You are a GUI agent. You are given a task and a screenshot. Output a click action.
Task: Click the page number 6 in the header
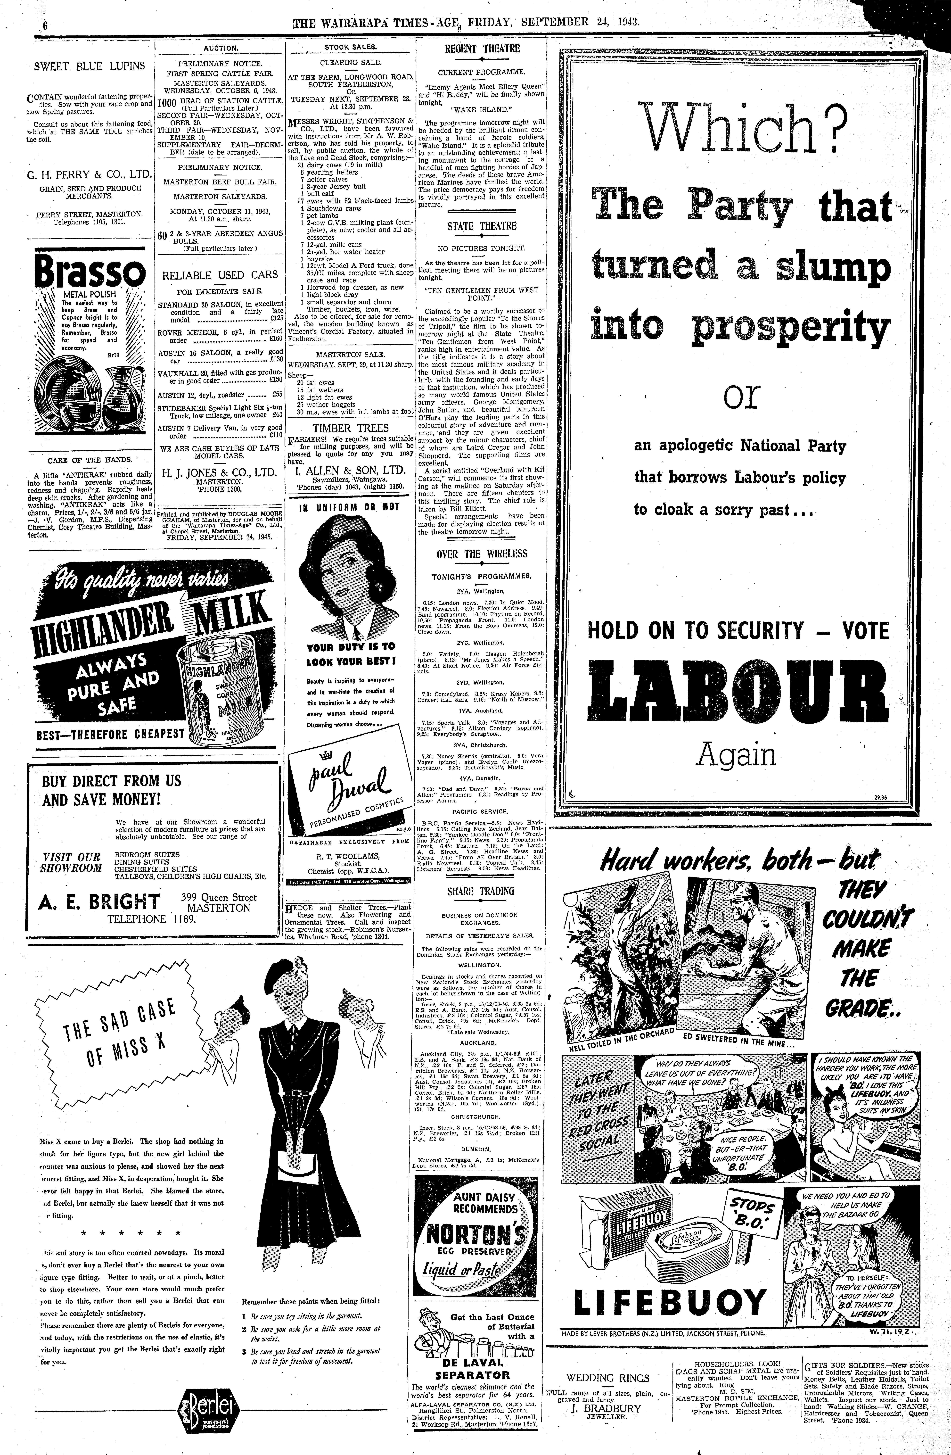coord(45,25)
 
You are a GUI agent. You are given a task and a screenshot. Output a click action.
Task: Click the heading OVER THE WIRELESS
coord(482,554)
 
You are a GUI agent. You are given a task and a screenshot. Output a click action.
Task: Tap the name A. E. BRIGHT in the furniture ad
coord(100,901)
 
